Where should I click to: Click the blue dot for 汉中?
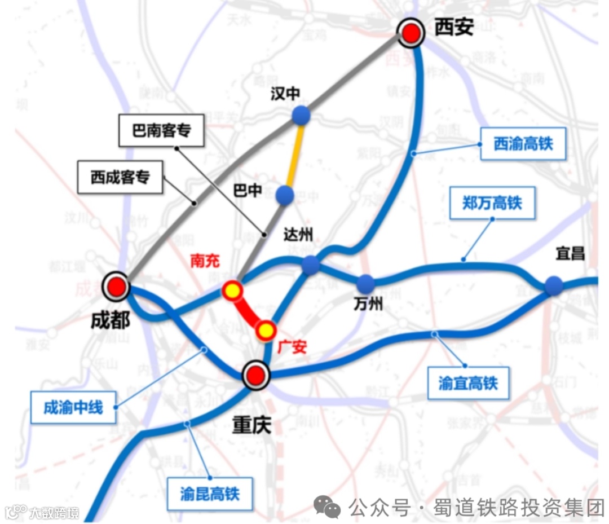tap(301, 115)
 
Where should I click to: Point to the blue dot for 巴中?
tap(285, 195)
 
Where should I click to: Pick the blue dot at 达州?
tap(311, 265)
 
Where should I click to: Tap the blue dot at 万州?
tap(365, 283)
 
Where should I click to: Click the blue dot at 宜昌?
tap(553, 285)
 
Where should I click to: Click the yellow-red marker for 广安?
tap(266, 330)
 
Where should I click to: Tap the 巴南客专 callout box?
tap(162, 131)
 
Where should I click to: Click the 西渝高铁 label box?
tap(523, 144)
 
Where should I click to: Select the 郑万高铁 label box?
tap(492, 203)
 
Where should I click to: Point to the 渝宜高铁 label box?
tap(468, 384)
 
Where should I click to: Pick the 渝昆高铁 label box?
tap(210, 494)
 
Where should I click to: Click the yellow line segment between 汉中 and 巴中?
tap(295, 155)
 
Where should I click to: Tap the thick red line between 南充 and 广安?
tap(249, 311)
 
